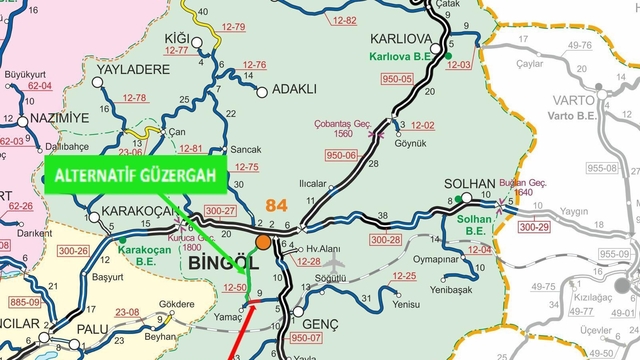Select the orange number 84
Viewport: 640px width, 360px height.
[x=276, y=204]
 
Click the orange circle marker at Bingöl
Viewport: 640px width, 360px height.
[x=263, y=243]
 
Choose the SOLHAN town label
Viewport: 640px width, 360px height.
[x=470, y=186]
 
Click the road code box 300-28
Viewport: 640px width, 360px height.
[x=386, y=240]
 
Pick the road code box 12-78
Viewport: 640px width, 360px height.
[x=134, y=98]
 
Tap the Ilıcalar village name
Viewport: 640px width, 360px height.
[x=313, y=184]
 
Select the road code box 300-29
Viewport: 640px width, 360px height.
[x=534, y=228]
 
